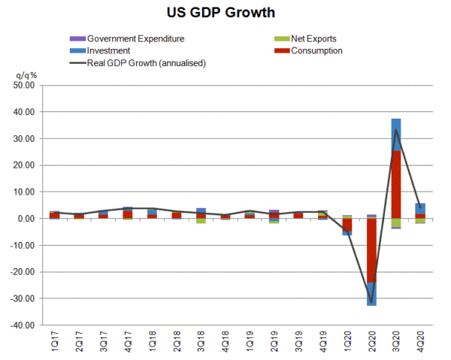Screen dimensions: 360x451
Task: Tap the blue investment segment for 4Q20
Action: [421, 208]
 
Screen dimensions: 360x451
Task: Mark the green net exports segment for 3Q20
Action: [396, 222]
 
